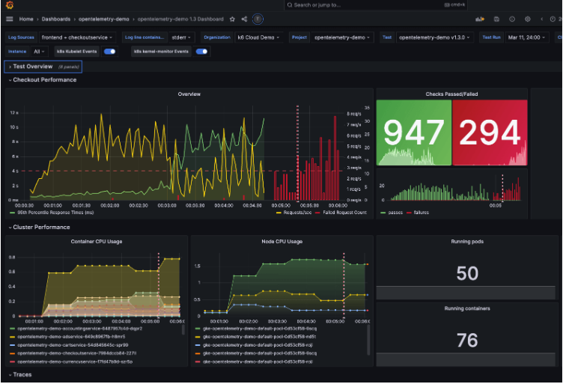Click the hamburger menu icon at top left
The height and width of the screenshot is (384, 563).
click(10, 19)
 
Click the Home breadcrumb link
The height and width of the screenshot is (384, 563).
click(26, 19)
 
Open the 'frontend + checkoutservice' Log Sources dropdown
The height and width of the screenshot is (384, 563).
click(77, 37)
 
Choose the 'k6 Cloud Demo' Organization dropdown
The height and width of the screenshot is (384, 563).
click(259, 37)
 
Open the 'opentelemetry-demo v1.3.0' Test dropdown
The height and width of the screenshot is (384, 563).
click(434, 37)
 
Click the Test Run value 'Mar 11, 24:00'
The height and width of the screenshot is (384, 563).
click(525, 37)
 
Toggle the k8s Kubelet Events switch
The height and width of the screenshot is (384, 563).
click(110, 52)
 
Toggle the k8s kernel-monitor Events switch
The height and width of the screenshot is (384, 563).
click(201, 52)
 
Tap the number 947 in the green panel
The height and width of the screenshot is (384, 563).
click(414, 132)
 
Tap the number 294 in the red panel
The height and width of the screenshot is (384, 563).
click(490, 132)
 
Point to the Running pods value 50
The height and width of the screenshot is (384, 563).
click(467, 273)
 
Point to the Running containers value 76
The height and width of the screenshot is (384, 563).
click(467, 341)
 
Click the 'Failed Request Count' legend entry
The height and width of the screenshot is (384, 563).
click(344, 213)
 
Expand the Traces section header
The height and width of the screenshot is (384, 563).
click(22, 374)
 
